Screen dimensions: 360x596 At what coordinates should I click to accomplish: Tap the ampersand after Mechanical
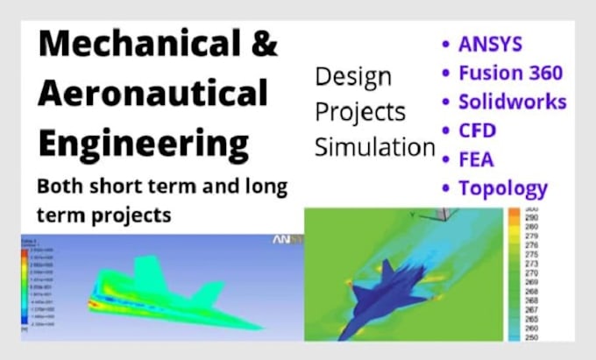(x=264, y=43)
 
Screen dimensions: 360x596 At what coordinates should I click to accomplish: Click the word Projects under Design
(x=360, y=113)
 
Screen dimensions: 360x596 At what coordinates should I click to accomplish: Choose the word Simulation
(x=375, y=147)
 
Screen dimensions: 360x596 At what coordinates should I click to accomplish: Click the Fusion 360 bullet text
(x=511, y=72)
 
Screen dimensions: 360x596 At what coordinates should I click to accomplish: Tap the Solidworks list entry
(x=513, y=102)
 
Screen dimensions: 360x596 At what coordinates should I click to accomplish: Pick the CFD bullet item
(x=478, y=131)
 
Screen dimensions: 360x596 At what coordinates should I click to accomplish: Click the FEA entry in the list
(x=477, y=160)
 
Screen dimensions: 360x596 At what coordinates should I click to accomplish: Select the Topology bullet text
(x=504, y=188)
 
